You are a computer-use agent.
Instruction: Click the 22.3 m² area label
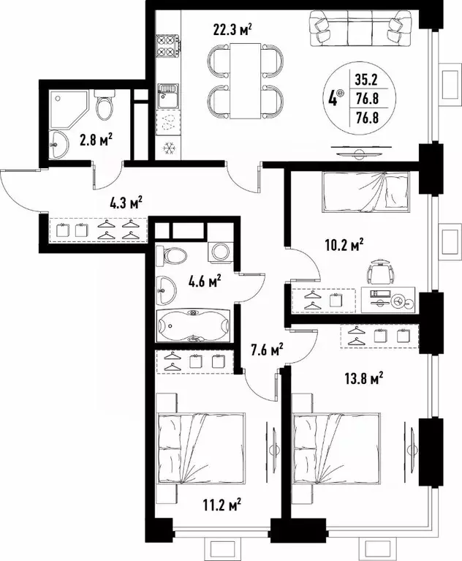pos(232,30)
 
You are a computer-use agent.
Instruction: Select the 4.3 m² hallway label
pos(125,203)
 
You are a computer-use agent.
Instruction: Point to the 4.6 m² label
pos(205,279)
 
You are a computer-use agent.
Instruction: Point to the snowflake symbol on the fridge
pos(168,146)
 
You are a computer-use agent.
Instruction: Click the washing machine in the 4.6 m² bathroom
pos(219,252)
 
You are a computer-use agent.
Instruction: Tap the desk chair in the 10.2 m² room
pos(379,272)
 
